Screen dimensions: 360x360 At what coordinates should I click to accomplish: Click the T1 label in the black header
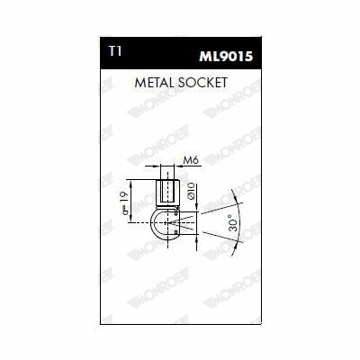pos(115,52)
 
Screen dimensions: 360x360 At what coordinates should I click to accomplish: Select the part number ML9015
pos(226,57)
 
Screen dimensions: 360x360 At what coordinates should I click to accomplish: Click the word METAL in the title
pos(154,83)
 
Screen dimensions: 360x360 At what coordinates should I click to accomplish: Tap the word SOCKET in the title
pos(202,83)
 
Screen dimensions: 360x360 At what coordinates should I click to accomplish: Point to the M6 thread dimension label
pos(192,160)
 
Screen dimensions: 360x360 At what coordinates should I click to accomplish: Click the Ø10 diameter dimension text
pos(191,192)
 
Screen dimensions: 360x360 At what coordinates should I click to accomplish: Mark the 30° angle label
pos(235,222)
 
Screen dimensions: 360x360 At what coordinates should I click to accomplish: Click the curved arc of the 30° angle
pos(240,222)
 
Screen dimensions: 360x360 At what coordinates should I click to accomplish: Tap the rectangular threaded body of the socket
pos(167,193)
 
